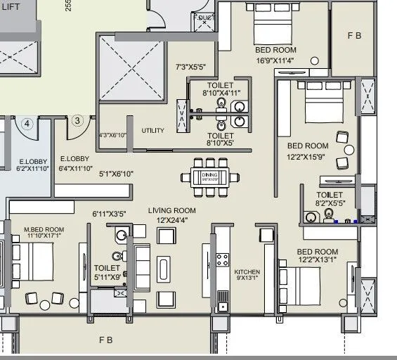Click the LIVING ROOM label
[x=171, y=210]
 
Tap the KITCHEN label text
[x=247, y=272]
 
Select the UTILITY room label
[x=152, y=131]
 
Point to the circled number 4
[x=27, y=124]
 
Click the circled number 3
[x=77, y=120]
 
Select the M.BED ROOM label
[x=44, y=230]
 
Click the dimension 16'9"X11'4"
[x=275, y=61]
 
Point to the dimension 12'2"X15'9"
[x=308, y=157]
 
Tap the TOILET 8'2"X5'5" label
[x=329, y=199]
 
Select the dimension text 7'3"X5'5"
[x=190, y=67]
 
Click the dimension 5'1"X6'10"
[x=116, y=174]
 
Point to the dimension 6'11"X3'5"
[x=109, y=213]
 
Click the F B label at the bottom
[x=105, y=340]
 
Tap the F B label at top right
[x=354, y=35]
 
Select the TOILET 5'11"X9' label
[x=107, y=272]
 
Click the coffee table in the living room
[x=164, y=271]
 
